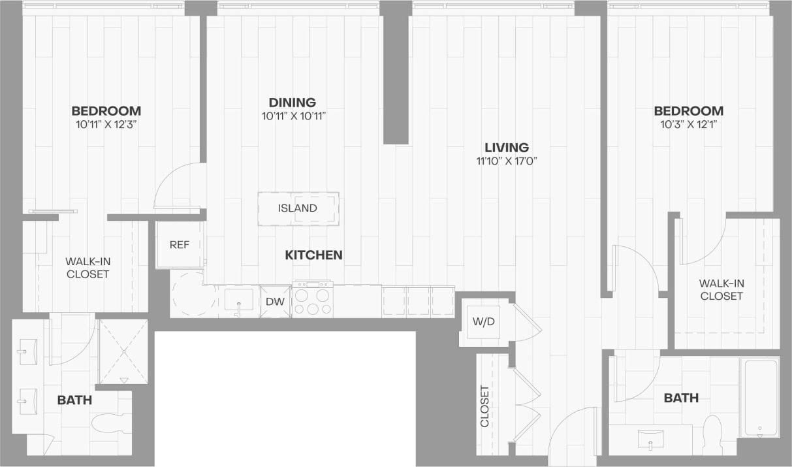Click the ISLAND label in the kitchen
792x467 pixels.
point(297,208)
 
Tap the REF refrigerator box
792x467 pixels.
point(179,245)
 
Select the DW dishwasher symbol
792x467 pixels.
point(275,302)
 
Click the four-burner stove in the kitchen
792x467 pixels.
point(312,301)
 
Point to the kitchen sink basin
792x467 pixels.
point(238,300)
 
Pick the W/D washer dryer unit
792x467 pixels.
point(484,321)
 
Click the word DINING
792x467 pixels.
point(292,103)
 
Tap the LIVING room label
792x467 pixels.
point(506,148)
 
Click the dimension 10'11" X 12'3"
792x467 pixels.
point(106,124)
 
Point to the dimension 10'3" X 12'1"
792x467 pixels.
point(689,124)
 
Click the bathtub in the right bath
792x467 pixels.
point(760,397)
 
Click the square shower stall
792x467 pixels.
point(123,351)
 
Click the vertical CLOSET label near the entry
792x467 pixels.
point(484,406)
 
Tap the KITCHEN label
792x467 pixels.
point(313,255)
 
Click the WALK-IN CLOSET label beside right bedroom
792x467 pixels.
point(721,289)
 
